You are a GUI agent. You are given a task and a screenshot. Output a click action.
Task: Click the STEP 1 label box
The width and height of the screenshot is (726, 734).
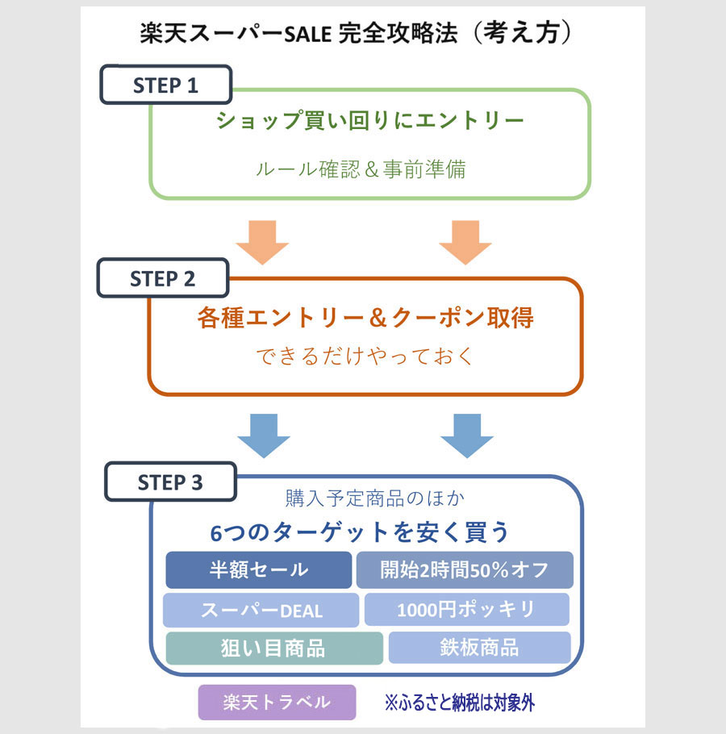pyautogui.click(x=165, y=85)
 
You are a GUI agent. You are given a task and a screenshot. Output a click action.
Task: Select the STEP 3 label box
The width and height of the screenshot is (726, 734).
pyautogui.click(x=170, y=482)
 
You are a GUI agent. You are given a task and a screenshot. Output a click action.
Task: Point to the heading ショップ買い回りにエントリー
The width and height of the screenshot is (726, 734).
pyautogui.click(x=370, y=121)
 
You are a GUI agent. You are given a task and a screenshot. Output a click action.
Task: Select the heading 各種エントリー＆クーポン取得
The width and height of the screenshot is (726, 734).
pyautogui.click(x=365, y=318)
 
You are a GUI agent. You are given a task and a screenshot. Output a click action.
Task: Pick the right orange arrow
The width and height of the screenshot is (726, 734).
pyautogui.click(x=465, y=240)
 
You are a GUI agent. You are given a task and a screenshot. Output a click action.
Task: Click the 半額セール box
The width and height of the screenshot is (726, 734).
pyautogui.click(x=259, y=569)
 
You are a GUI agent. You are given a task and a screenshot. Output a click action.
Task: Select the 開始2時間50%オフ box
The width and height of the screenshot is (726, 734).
pyautogui.click(x=465, y=569)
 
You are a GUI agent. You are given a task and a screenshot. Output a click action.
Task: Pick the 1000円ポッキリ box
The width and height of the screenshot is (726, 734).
pyautogui.click(x=466, y=610)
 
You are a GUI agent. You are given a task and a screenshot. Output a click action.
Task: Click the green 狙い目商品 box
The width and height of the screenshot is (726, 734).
pyautogui.click(x=274, y=649)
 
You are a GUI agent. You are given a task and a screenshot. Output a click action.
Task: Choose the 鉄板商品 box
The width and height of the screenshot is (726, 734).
pyautogui.click(x=479, y=648)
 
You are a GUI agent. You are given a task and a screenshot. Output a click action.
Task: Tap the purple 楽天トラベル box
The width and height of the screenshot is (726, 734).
pyautogui.click(x=277, y=702)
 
